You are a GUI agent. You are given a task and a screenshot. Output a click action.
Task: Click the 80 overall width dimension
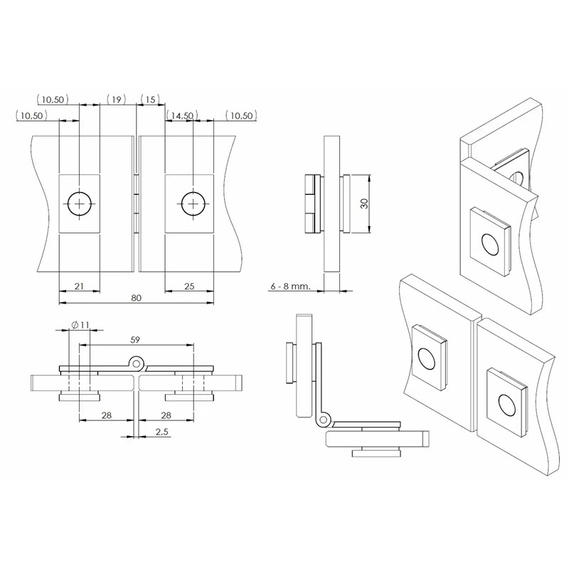pos(136,297)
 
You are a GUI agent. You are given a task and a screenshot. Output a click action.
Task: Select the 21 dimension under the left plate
pos(79,286)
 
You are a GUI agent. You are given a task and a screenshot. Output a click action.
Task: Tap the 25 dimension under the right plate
pos(189,286)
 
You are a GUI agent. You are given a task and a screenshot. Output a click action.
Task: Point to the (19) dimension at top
pos(116,99)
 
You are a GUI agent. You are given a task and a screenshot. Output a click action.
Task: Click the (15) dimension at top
pos(150,99)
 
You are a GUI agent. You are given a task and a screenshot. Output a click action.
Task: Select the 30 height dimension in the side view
pos(365,203)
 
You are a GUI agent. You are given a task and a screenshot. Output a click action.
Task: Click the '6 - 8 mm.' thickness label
pos(291,286)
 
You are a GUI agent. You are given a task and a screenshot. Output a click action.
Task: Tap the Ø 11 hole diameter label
pos(80,325)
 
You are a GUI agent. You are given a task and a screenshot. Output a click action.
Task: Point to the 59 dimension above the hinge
pos(134,340)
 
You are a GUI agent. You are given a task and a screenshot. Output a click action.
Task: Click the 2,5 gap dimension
pos(162,432)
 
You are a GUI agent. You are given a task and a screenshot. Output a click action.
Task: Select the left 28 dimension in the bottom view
pos(106,415)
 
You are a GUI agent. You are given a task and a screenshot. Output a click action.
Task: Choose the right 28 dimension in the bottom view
pos(166,415)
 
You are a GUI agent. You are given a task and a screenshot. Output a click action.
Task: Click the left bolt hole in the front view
pos(80,204)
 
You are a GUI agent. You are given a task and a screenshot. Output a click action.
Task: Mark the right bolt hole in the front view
pos(193,204)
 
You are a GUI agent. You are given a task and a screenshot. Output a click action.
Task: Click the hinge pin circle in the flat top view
pos(137,363)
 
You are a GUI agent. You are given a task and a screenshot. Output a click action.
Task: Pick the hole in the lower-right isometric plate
pos(506,405)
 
